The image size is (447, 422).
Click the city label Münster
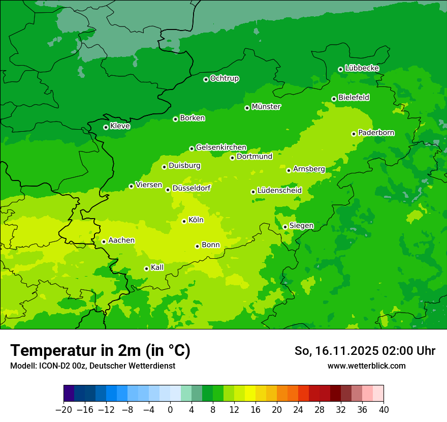coord(266,107)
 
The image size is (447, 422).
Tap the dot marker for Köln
coord(184,221)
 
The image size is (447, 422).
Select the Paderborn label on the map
coord(376,133)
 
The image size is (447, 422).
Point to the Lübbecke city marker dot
coord(340,69)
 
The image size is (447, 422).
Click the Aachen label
coord(121,240)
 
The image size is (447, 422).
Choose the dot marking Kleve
coord(106,127)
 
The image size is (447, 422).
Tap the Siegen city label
coord(301,226)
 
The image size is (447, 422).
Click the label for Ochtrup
coord(225,78)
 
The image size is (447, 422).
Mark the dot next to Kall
coord(146,268)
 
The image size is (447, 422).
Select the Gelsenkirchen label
coord(221,147)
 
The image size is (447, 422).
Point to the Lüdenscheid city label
coord(279,191)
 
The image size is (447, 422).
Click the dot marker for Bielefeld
coord(334,99)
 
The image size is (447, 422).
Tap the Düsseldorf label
coord(191,188)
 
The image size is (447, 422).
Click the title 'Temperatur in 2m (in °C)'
coord(100,350)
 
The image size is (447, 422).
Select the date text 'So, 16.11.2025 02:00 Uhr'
coord(365,351)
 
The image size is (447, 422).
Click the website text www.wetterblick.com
coord(366,366)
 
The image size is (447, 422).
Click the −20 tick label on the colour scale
coord(63,410)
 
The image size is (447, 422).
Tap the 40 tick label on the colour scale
coord(384,410)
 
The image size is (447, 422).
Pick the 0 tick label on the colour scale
coord(170,410)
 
